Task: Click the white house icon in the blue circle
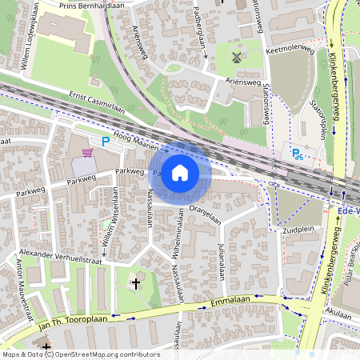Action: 180,172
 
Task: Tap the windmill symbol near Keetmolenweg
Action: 236,58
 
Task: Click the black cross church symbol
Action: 135,282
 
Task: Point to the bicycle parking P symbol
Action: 298,154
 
